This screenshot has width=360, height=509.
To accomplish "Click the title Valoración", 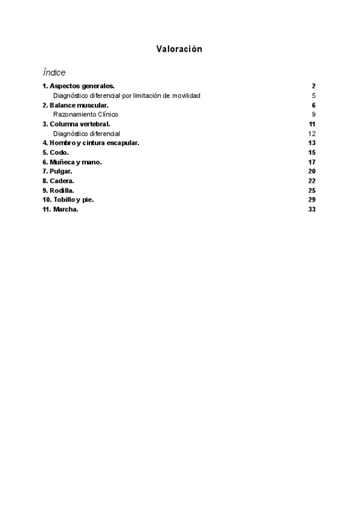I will click(x=179, y=49).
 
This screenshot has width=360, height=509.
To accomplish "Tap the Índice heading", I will click(x=54, y=72).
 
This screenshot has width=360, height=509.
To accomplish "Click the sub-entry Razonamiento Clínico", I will click(x=86, y=114).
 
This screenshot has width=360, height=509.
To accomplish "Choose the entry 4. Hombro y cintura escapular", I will click(x=91, y=143).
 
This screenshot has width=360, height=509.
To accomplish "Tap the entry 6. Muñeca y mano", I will click(x=72, y=162).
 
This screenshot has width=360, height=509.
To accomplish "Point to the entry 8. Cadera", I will click(x=58, y=181).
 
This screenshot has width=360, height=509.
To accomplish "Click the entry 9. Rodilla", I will click(x=58, y=190).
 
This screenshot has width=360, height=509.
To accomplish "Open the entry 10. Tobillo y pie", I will click(x=68, y=200).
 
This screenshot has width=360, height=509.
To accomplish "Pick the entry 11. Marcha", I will click(x=61, y=209).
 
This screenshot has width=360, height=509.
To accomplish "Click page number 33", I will click(x=312, y=209).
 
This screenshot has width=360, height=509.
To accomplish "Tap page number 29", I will click(x=312, y=200).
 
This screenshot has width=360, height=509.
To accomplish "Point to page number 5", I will click(x=314, y=95).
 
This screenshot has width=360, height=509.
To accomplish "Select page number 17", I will click(x=312, y=162).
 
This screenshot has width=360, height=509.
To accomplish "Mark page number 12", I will click(x=312, y=133).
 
